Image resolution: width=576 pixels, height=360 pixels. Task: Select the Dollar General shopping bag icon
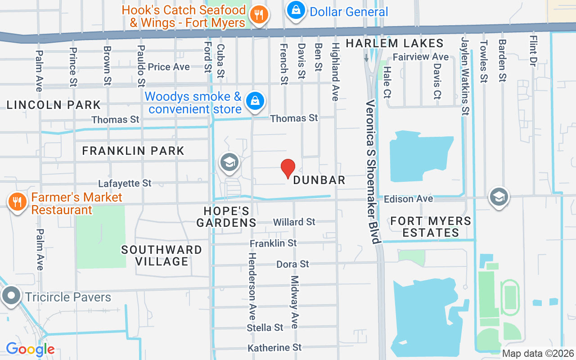tap(296, 10)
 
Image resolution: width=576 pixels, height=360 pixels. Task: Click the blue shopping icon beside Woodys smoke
tap(255, 101)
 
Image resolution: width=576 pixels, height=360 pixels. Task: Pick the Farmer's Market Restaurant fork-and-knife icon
tap(17, 202)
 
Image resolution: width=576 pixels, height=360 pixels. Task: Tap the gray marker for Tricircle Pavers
tap(11, 296)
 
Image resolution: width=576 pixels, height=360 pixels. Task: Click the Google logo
tap(30, 349)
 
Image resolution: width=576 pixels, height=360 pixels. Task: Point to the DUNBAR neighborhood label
tap(319, 180)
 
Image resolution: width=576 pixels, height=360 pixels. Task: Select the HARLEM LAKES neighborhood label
tap(395, 44)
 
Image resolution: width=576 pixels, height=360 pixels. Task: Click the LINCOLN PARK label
tap(54, 105)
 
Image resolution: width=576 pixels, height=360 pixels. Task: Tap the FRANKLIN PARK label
tap(133, 151)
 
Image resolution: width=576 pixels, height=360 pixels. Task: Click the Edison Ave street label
tap(408, 198)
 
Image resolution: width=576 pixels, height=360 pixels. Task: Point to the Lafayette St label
tap(125, 183)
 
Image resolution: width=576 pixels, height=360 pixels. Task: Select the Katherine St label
tap(274, 347)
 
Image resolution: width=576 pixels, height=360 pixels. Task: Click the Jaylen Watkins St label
tap(465, 76)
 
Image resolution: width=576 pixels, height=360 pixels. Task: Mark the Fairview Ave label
tap(421, 57)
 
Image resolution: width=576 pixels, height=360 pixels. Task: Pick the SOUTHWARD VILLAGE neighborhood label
tap(162, 255)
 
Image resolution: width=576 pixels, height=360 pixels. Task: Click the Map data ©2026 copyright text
tap(538, 353)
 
